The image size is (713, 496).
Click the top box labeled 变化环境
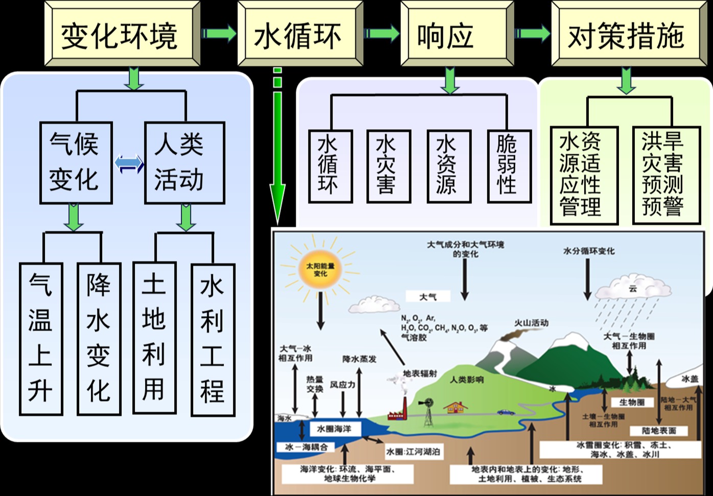pos(122,34)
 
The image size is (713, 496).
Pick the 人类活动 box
pos(184,162)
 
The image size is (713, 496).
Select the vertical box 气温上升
pos(41,338)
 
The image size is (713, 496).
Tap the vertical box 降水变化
pos(99,338)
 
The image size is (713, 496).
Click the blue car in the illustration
pos(505,412)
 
